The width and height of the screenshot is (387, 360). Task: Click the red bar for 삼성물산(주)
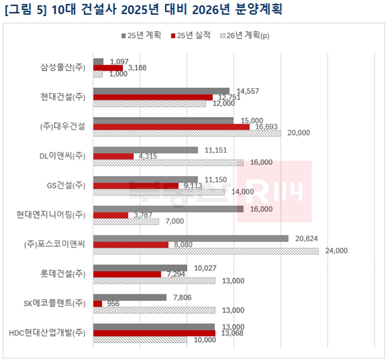coord(108,68)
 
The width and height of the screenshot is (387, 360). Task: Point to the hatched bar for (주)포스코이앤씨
coord(206,251)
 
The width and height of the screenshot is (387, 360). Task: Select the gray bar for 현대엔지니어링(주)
coord(168,209)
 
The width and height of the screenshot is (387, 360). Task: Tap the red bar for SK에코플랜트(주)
coord(98,304)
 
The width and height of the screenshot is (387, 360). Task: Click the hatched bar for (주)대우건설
coord(187,133)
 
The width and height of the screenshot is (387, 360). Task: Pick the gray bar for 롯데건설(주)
coord(140,268)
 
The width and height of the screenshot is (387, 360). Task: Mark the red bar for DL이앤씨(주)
coord(114,156)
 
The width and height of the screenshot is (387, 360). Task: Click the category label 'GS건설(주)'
coord(66,185)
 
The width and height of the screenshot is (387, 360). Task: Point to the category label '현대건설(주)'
coord(63,96)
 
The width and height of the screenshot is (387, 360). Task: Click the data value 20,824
coord(306,238)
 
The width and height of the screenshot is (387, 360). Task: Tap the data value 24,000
coord(336,251)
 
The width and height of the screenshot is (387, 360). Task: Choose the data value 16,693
coord(267,127)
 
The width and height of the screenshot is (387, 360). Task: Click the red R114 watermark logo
coord(274,191)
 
